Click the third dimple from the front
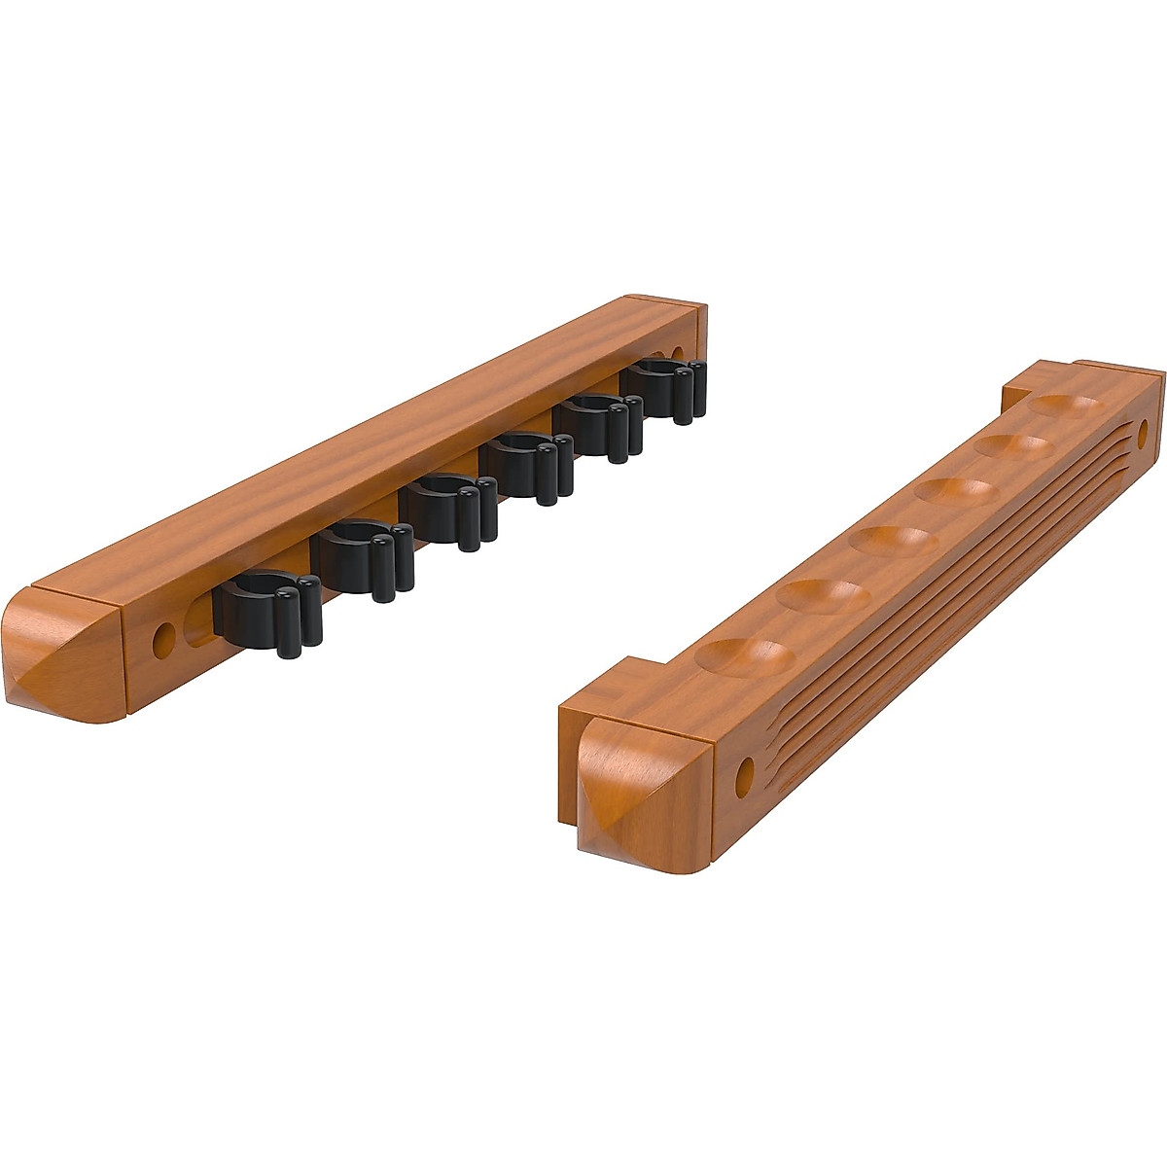(x=891, y=538)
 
